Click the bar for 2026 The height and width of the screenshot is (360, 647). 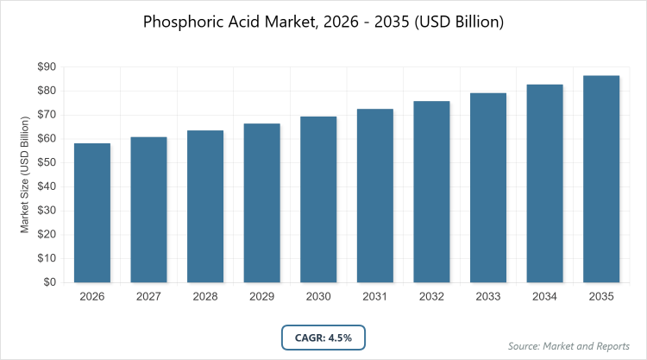(x=92, y=212)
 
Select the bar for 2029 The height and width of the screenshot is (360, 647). (x=262, y=203)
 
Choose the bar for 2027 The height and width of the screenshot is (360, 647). (x=149, y=210)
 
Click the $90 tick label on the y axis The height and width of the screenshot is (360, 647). (x=46, y=67)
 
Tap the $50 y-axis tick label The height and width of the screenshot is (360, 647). (x=46, y=162)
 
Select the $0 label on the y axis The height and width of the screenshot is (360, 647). (x=49, y=282)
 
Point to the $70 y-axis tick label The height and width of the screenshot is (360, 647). (x=46, y=115)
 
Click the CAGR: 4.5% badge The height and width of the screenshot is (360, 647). (x=324, y=338)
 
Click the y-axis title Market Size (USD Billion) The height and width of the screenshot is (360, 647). (x=26, y=174)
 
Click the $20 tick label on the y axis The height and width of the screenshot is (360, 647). (x=46, y=234)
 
